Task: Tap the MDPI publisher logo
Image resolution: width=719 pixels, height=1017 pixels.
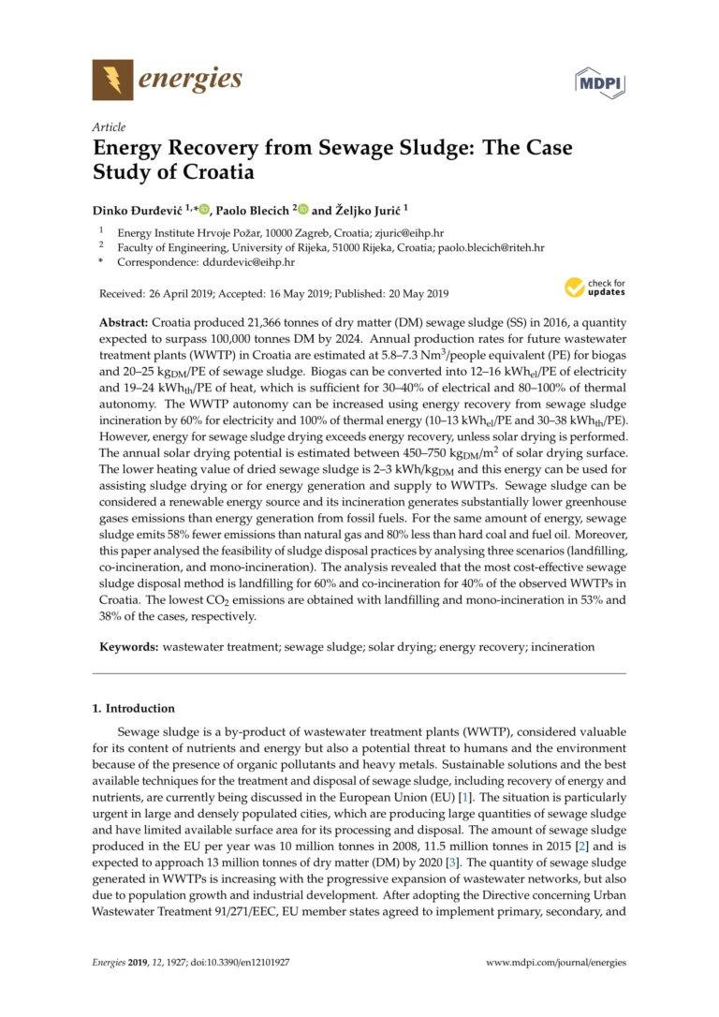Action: pos(599,81)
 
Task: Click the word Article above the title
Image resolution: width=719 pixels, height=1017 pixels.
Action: pos(109,127)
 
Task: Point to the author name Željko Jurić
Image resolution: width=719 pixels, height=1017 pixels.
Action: pos(366,210)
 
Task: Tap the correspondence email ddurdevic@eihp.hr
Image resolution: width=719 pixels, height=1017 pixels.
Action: pos(234,265)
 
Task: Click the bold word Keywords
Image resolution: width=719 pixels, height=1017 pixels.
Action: pos(129,646)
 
